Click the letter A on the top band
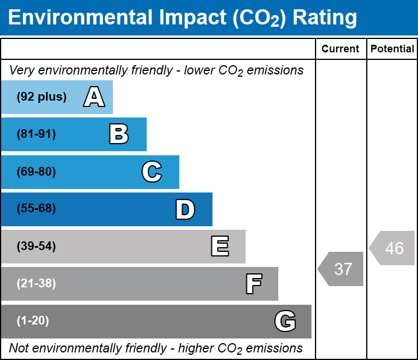[94, 97]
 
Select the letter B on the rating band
[119, 134]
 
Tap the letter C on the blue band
[151, 172]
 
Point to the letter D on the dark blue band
[185, 209]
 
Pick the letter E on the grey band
[219, 247]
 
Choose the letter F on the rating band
[253, 284]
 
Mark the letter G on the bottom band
[285, 321]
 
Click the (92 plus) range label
[41, 97]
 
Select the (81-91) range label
[36, 134]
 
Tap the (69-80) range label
[36, 172]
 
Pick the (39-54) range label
[36, 247]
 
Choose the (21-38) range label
[36, 284]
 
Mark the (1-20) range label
[33, 321]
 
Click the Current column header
[341, 49]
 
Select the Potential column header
[392, 49]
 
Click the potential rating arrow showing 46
[392, 248]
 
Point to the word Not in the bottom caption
[19, 348]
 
